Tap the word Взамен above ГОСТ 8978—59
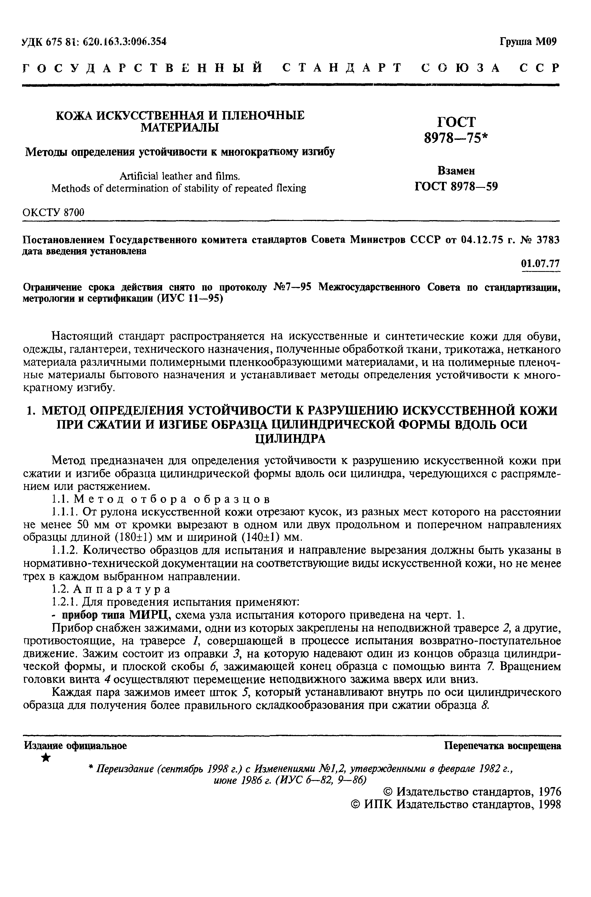tap(456, 171)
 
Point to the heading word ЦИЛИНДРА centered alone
tap(290, 439)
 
